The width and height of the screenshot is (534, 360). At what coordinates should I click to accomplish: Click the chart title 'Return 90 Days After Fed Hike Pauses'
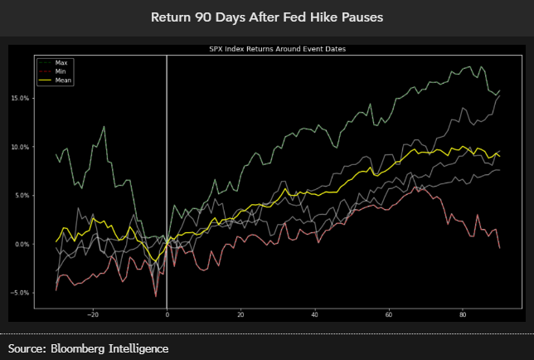(x=267, y=17)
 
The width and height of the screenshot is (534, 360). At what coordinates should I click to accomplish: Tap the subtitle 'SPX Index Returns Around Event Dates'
(x=277, y=50)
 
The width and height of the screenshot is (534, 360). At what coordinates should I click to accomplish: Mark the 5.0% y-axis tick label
(x=20, y=196)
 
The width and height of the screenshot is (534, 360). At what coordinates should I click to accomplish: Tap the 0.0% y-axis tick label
(x=20, y=245)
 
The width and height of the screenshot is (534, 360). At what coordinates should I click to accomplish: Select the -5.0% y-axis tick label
(x=18, y=293)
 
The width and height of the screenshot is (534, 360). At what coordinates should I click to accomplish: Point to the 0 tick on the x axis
(x=167, y=314)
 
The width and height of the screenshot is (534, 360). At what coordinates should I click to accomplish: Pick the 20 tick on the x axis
(x=240, y=314)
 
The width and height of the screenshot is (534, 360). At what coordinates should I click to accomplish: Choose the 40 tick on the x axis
(x=314, y=314)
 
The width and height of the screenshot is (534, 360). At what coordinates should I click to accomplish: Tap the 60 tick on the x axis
(x=388, y=314)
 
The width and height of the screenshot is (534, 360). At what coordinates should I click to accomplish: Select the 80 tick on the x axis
(x=463, y=314)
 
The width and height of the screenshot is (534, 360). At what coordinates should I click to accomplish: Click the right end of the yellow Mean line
(x=499, y=156)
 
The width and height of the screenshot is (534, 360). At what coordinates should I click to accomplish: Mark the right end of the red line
(x=499, y=247)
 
